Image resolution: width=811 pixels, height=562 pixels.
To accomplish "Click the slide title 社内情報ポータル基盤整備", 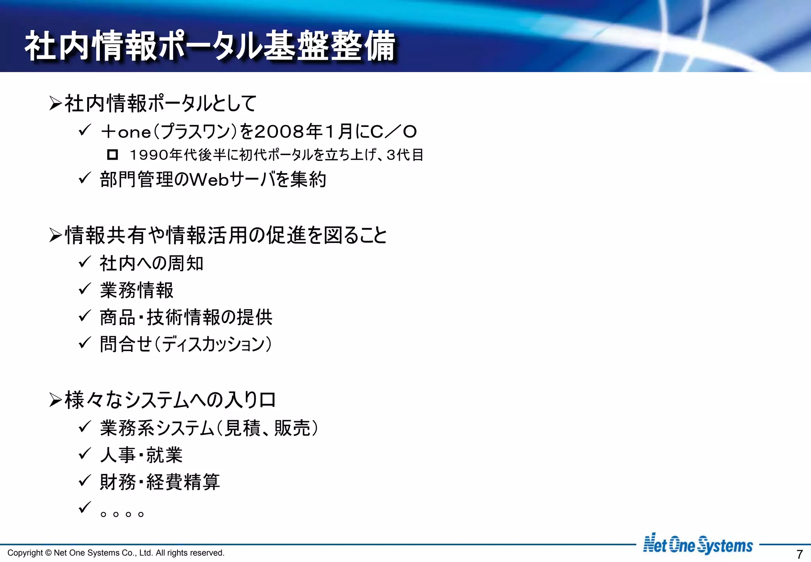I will [x=210, y=46].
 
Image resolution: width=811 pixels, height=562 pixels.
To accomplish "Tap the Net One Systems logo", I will [x=698, y=545].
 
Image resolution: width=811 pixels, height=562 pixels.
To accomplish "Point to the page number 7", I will [x=800, y=554].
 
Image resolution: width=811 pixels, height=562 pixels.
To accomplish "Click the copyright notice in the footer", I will [x=116, y=553].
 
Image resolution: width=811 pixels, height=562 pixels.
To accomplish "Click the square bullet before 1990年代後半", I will [x=112, y=155].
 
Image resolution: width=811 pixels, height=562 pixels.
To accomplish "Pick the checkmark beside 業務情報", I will [x=85, y=289].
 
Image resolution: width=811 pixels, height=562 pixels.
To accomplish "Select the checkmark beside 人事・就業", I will [x=85, y=453].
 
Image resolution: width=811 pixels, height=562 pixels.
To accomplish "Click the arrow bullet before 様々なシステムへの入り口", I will [x=55, y=400].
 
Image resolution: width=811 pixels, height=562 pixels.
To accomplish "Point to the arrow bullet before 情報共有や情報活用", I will [x=55, y=235].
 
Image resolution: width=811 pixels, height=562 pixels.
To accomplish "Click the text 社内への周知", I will [x=152, y=264].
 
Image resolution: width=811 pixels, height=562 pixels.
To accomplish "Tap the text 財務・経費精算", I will [x=160, y=482].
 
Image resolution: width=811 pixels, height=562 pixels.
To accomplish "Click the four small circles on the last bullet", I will [x=122, y=514].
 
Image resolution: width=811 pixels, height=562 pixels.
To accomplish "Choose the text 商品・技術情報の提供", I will [x=186, y=317].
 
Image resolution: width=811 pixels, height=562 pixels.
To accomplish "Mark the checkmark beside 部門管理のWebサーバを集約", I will [x=85, y=178].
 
